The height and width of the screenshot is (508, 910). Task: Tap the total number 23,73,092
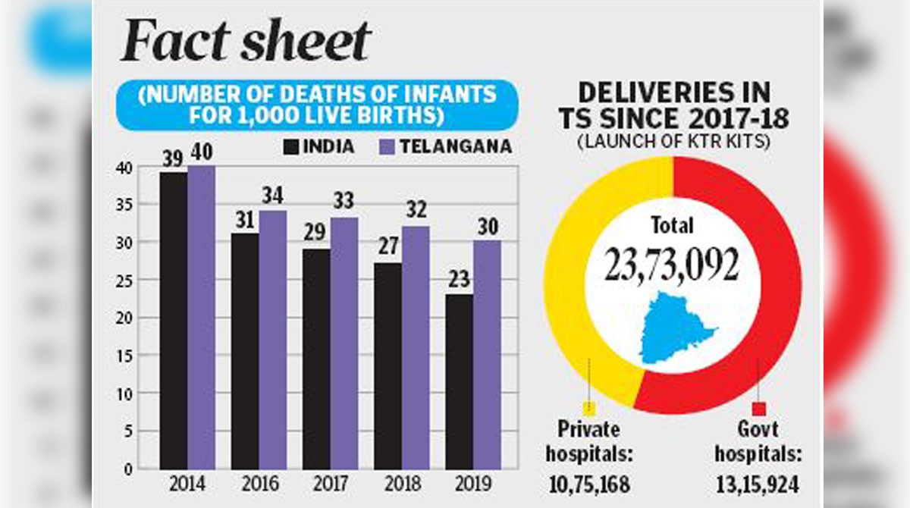[x=672, y=265]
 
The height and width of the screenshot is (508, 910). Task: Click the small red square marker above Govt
[x=759, y=409]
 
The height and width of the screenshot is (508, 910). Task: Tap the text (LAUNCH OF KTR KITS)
[x=673, y=142]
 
